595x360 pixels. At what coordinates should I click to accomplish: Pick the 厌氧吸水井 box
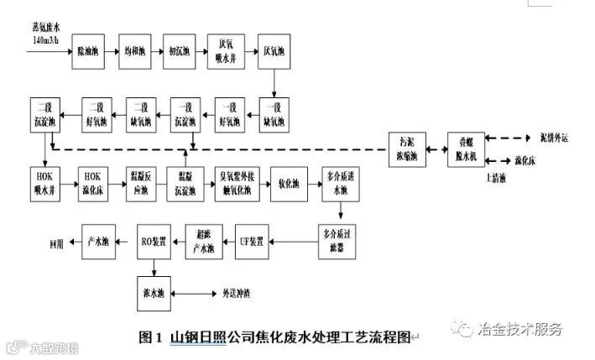pos(227,52)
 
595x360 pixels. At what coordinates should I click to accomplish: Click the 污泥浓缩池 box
pos(409,149)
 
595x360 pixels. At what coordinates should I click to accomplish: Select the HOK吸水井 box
pos(44,183)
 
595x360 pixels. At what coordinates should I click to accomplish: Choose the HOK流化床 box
pos(92,183)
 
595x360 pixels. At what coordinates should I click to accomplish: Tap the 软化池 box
pos(290,183)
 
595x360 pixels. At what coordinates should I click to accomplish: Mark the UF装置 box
pos(252,242)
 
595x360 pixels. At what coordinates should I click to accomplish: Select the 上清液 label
pos(498,178)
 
